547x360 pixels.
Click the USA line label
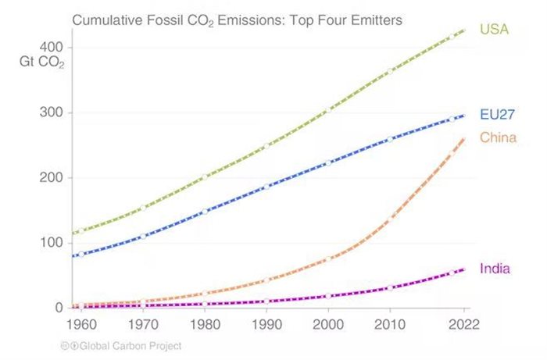[x=494, y=30]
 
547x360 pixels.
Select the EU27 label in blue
[x=496, y=114]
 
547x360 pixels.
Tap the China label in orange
[x=498, y=138]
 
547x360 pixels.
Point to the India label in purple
[x=495, y=269]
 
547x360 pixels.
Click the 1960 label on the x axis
[x=80, y=323]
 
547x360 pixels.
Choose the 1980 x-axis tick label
[x=204, y=323]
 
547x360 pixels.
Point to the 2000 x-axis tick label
[x=328, y=323]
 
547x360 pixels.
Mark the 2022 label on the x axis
[x=464, y=323]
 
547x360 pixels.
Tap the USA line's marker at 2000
[x=328, y=110]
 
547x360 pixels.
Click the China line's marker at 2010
[x=390, y=222]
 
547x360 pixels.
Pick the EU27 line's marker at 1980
[x=204, y=212]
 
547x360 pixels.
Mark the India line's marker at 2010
[x=390, y=288]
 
